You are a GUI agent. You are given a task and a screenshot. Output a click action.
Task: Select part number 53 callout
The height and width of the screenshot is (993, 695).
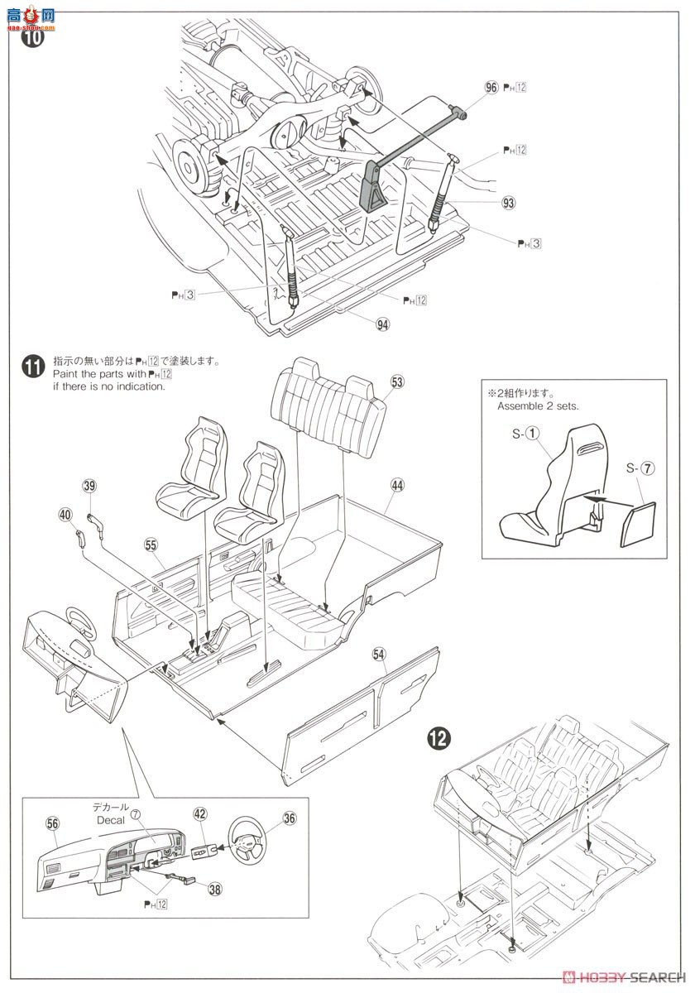pyautogui.click(x=397, y=381)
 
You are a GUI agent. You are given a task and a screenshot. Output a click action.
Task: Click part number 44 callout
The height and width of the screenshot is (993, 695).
pyautogui.click(x=397, y=486)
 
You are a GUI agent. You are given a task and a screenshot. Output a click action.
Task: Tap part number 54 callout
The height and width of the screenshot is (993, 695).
pyautogui.click(x=379, y=654)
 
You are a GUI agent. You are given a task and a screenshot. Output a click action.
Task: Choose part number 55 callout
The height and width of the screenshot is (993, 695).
pyautogui.click(x=151, y=545)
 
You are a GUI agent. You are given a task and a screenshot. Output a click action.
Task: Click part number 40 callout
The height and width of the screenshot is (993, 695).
pyautogui.click(x=65, y=514)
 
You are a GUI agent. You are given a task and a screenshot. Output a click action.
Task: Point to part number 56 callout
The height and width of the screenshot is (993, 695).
pyautogui.click(x=53, y=823)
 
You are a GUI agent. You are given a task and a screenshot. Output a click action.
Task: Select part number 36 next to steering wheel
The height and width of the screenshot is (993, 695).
pyautogui.click(x=289, y=818)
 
